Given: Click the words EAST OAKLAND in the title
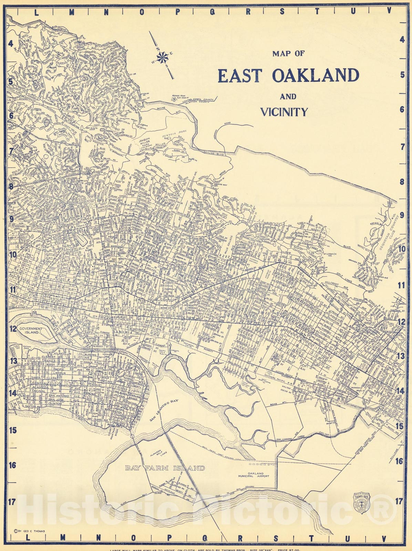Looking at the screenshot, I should (288, 75).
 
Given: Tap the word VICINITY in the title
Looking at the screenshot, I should (284, 112).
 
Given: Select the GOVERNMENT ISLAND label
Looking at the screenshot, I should (31, 331).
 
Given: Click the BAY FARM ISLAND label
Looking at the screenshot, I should (165, 468).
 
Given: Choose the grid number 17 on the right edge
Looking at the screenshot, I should (399, 501).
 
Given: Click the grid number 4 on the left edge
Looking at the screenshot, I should (11, 44).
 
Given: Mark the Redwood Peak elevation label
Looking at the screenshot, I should (180, 97).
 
